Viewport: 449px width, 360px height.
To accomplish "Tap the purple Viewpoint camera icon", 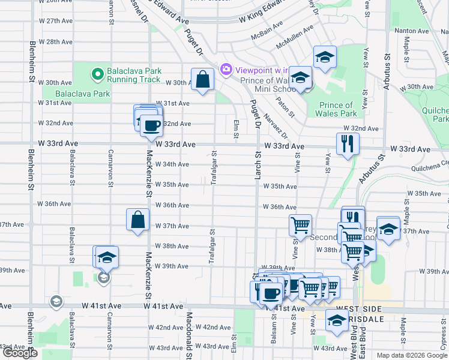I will pyautogui.click(x=226, y=69).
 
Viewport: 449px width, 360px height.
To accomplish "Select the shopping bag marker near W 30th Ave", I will pyautogui.click(x=203, y=79).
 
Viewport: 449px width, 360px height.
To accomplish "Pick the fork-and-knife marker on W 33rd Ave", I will pyautogui.click(x=348, y=143).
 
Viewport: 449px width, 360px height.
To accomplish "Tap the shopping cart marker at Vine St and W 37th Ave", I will pyautogui.click(x=300, y=226).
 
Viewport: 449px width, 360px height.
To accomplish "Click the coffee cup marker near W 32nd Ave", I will pyautogui.click(x=151, y=125).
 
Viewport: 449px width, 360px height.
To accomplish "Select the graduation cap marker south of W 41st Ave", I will pyautogui.click(x=337, y=320).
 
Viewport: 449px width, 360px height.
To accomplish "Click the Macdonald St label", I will pyautogui.click(x=188, y=334).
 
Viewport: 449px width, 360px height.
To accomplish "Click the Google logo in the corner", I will pyautogui.click(x=20, y=353).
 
